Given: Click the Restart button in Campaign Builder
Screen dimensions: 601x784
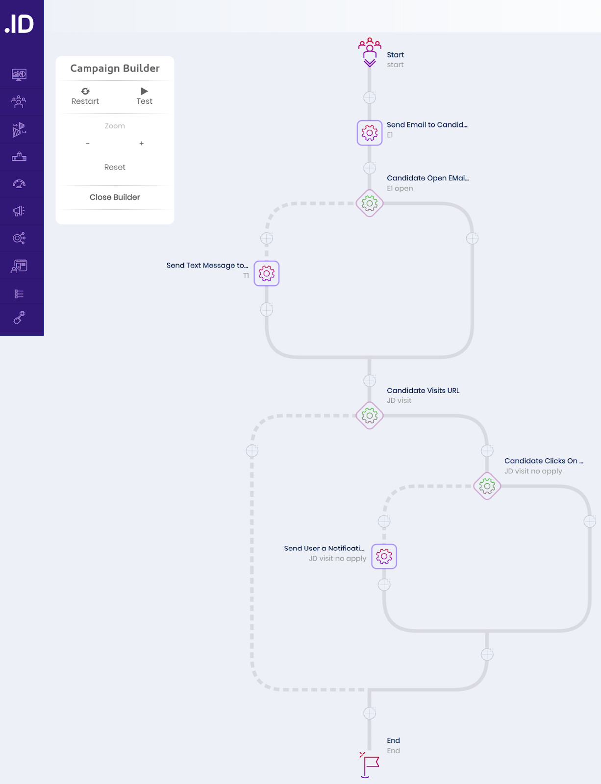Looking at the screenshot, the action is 85,97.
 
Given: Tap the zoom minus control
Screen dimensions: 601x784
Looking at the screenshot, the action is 88,143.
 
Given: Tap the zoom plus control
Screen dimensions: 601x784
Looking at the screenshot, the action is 142,143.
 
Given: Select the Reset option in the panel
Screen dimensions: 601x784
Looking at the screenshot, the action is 114,167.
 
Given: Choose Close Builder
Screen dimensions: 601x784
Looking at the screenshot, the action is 115,197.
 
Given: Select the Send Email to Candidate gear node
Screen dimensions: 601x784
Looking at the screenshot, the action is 369,133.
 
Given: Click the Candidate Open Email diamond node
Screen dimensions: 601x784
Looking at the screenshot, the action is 369,203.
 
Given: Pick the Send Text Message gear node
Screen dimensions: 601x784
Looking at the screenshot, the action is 266,273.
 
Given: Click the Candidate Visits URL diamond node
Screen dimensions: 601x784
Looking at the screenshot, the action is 369,416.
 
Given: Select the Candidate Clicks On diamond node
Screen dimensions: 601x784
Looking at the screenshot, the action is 487,486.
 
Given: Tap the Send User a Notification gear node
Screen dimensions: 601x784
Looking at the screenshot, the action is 384,556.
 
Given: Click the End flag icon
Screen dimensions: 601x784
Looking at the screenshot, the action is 369,765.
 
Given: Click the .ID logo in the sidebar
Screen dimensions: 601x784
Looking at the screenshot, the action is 19,24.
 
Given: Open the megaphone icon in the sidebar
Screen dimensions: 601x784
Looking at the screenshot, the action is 19,211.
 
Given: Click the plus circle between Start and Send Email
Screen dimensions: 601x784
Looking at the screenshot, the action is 369,98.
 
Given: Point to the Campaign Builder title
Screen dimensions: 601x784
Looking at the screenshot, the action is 115,68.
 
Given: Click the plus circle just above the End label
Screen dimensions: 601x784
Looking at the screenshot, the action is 369,713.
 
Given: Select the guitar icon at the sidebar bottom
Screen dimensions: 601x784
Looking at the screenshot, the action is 19,318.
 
